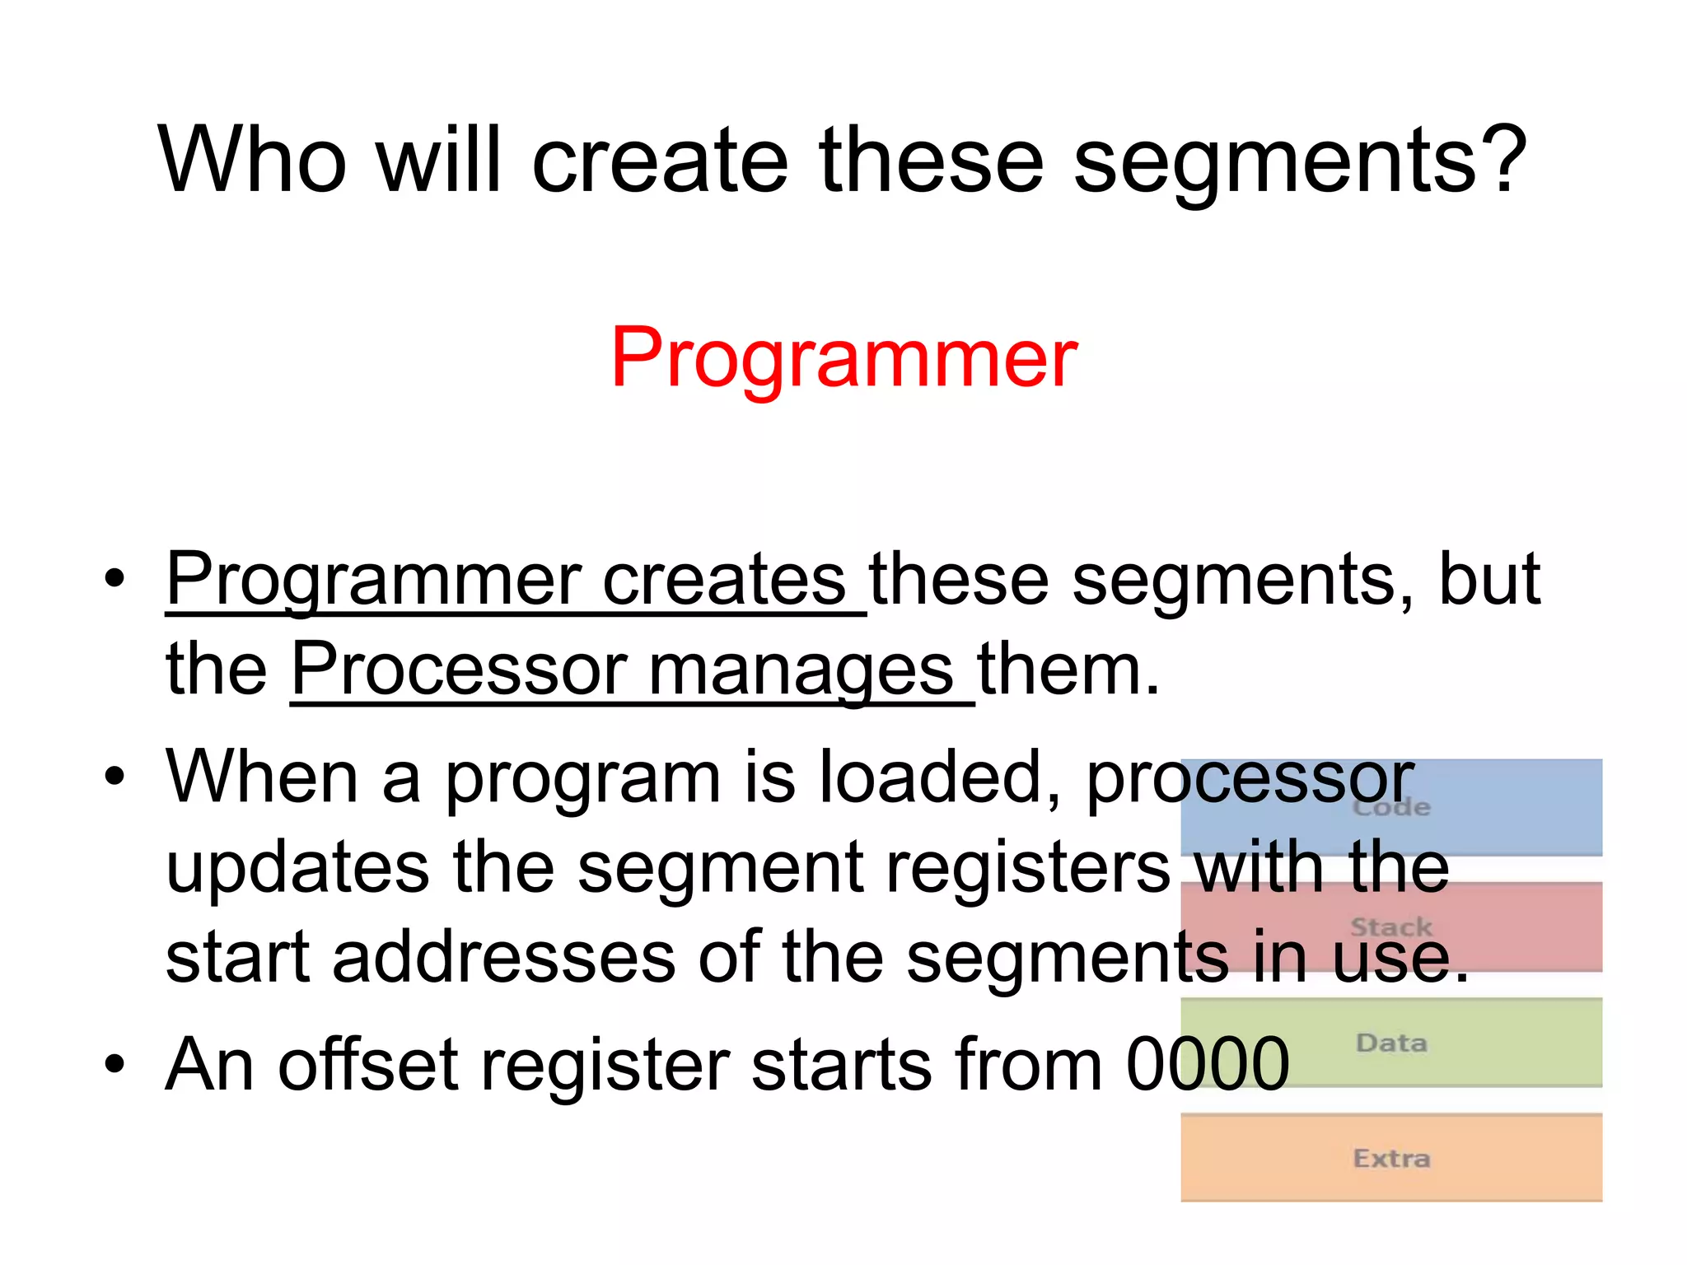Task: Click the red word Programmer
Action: pyautogui.click(x=843, y=358)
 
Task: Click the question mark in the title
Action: pyautogui.click(x=1499, y=161)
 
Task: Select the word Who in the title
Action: pyautogui.click(x=252, y=161)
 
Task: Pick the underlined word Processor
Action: pyautogui.click(x=459, y=669)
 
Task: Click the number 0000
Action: pyautogui.click(x=1207, y=1064)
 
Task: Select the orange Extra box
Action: pyautogui.click(x=1390, y=1157)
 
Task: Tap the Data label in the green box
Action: pyautogui.click(x=1390, y=1043)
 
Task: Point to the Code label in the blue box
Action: pyautogui.click(x=1390, y=807)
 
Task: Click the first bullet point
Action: pyautogui.click(x=114, y=578)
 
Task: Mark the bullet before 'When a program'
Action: pyautogui.click(x=114, y=776)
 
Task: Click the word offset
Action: pyautogui.click(x=367, y=1064)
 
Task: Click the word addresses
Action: pyautogui.click(x=503, y=957)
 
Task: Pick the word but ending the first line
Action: pyautogui.click(x=1489, y=580)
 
